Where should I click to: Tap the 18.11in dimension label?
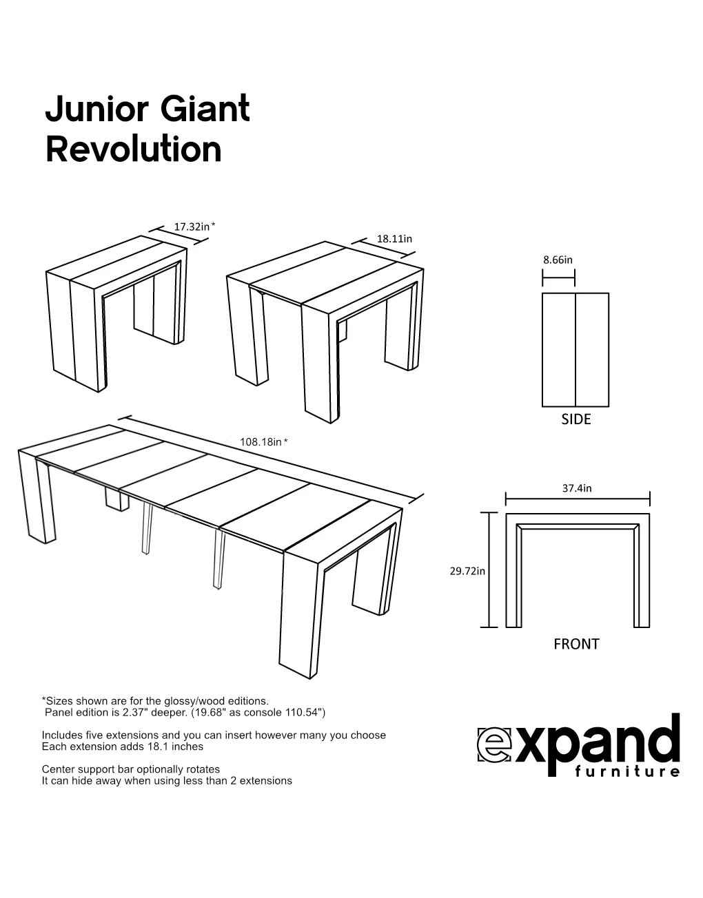394,239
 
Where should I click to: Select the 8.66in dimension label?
558,260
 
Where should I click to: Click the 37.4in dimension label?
577,488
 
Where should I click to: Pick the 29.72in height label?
467,571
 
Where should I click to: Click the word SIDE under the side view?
576,419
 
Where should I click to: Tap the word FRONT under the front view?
576,644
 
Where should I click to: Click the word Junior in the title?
96,109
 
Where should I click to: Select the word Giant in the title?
205,108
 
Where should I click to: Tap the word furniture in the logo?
627,771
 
